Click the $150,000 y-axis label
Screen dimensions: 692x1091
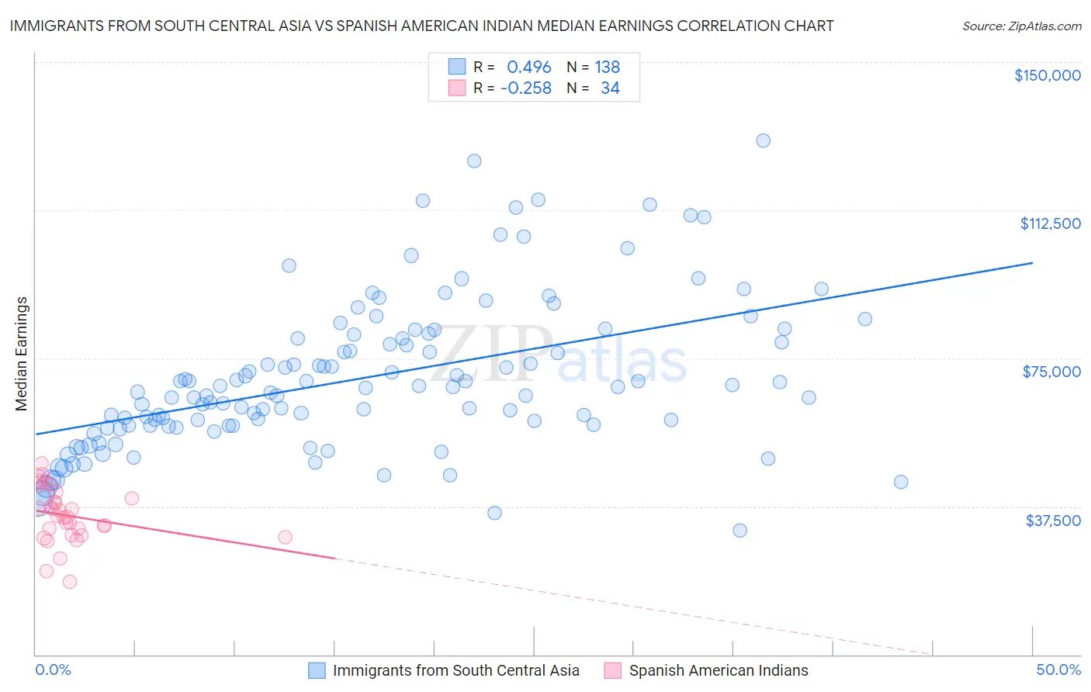(1047, 75)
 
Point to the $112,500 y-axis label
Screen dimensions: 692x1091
(1050, 223)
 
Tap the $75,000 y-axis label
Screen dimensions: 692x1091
(1051, 372)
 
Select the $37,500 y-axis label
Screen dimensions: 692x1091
(1053, 520)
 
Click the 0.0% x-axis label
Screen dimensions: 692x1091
(53, 670)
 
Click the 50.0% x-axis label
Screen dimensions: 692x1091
(1058, 670)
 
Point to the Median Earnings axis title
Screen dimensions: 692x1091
(22, 354)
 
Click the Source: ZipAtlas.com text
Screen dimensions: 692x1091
(1021, 26)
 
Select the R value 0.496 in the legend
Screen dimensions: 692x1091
(528, 67)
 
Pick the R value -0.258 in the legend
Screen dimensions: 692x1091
(525, 88)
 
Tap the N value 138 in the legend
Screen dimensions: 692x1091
(607, 67)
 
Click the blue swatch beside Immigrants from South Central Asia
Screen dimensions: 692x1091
(317, 670)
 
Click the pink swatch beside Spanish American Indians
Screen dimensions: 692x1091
(613, 670)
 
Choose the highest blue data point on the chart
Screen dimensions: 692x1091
(763, 140)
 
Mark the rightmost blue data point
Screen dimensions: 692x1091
(900, 482)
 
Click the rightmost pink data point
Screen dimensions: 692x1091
(285, 537)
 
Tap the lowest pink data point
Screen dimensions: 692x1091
(69, 582)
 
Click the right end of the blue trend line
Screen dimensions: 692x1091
(1032, 263)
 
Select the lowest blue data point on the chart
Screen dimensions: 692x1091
(739, 531)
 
